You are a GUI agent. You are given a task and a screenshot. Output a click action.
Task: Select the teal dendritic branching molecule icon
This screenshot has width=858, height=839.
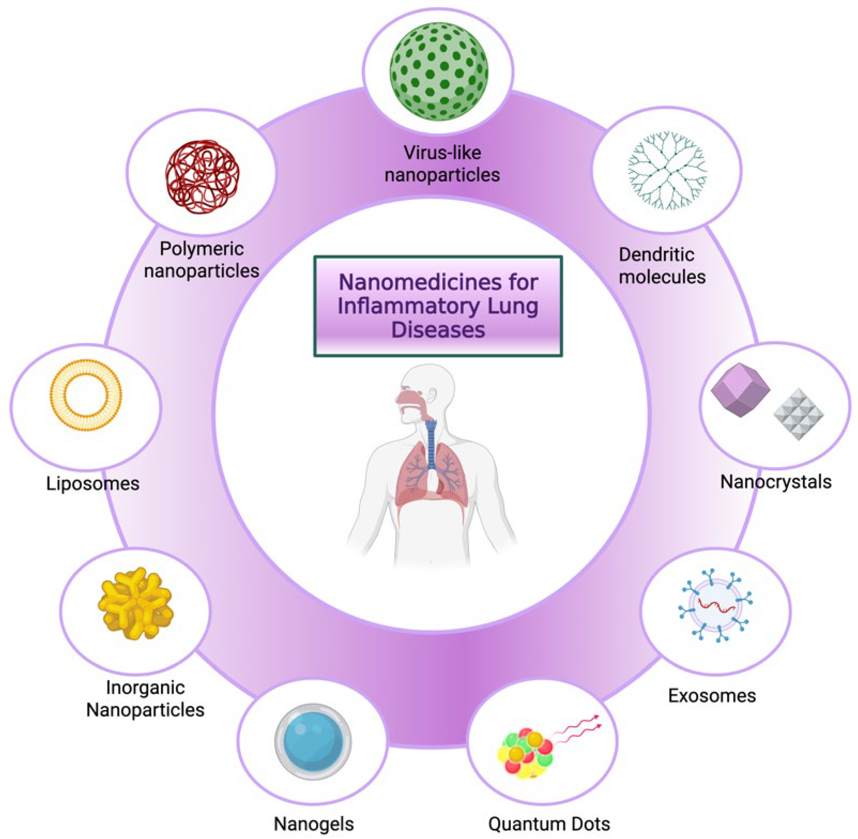(x=667, y=170)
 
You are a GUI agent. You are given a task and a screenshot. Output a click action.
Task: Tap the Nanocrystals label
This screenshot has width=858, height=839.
(x=775, y=482)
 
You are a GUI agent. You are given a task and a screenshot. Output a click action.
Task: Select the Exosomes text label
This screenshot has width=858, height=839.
(x=712, y=695)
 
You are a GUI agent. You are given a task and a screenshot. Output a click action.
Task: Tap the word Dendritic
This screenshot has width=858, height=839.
(x=656, y=255)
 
